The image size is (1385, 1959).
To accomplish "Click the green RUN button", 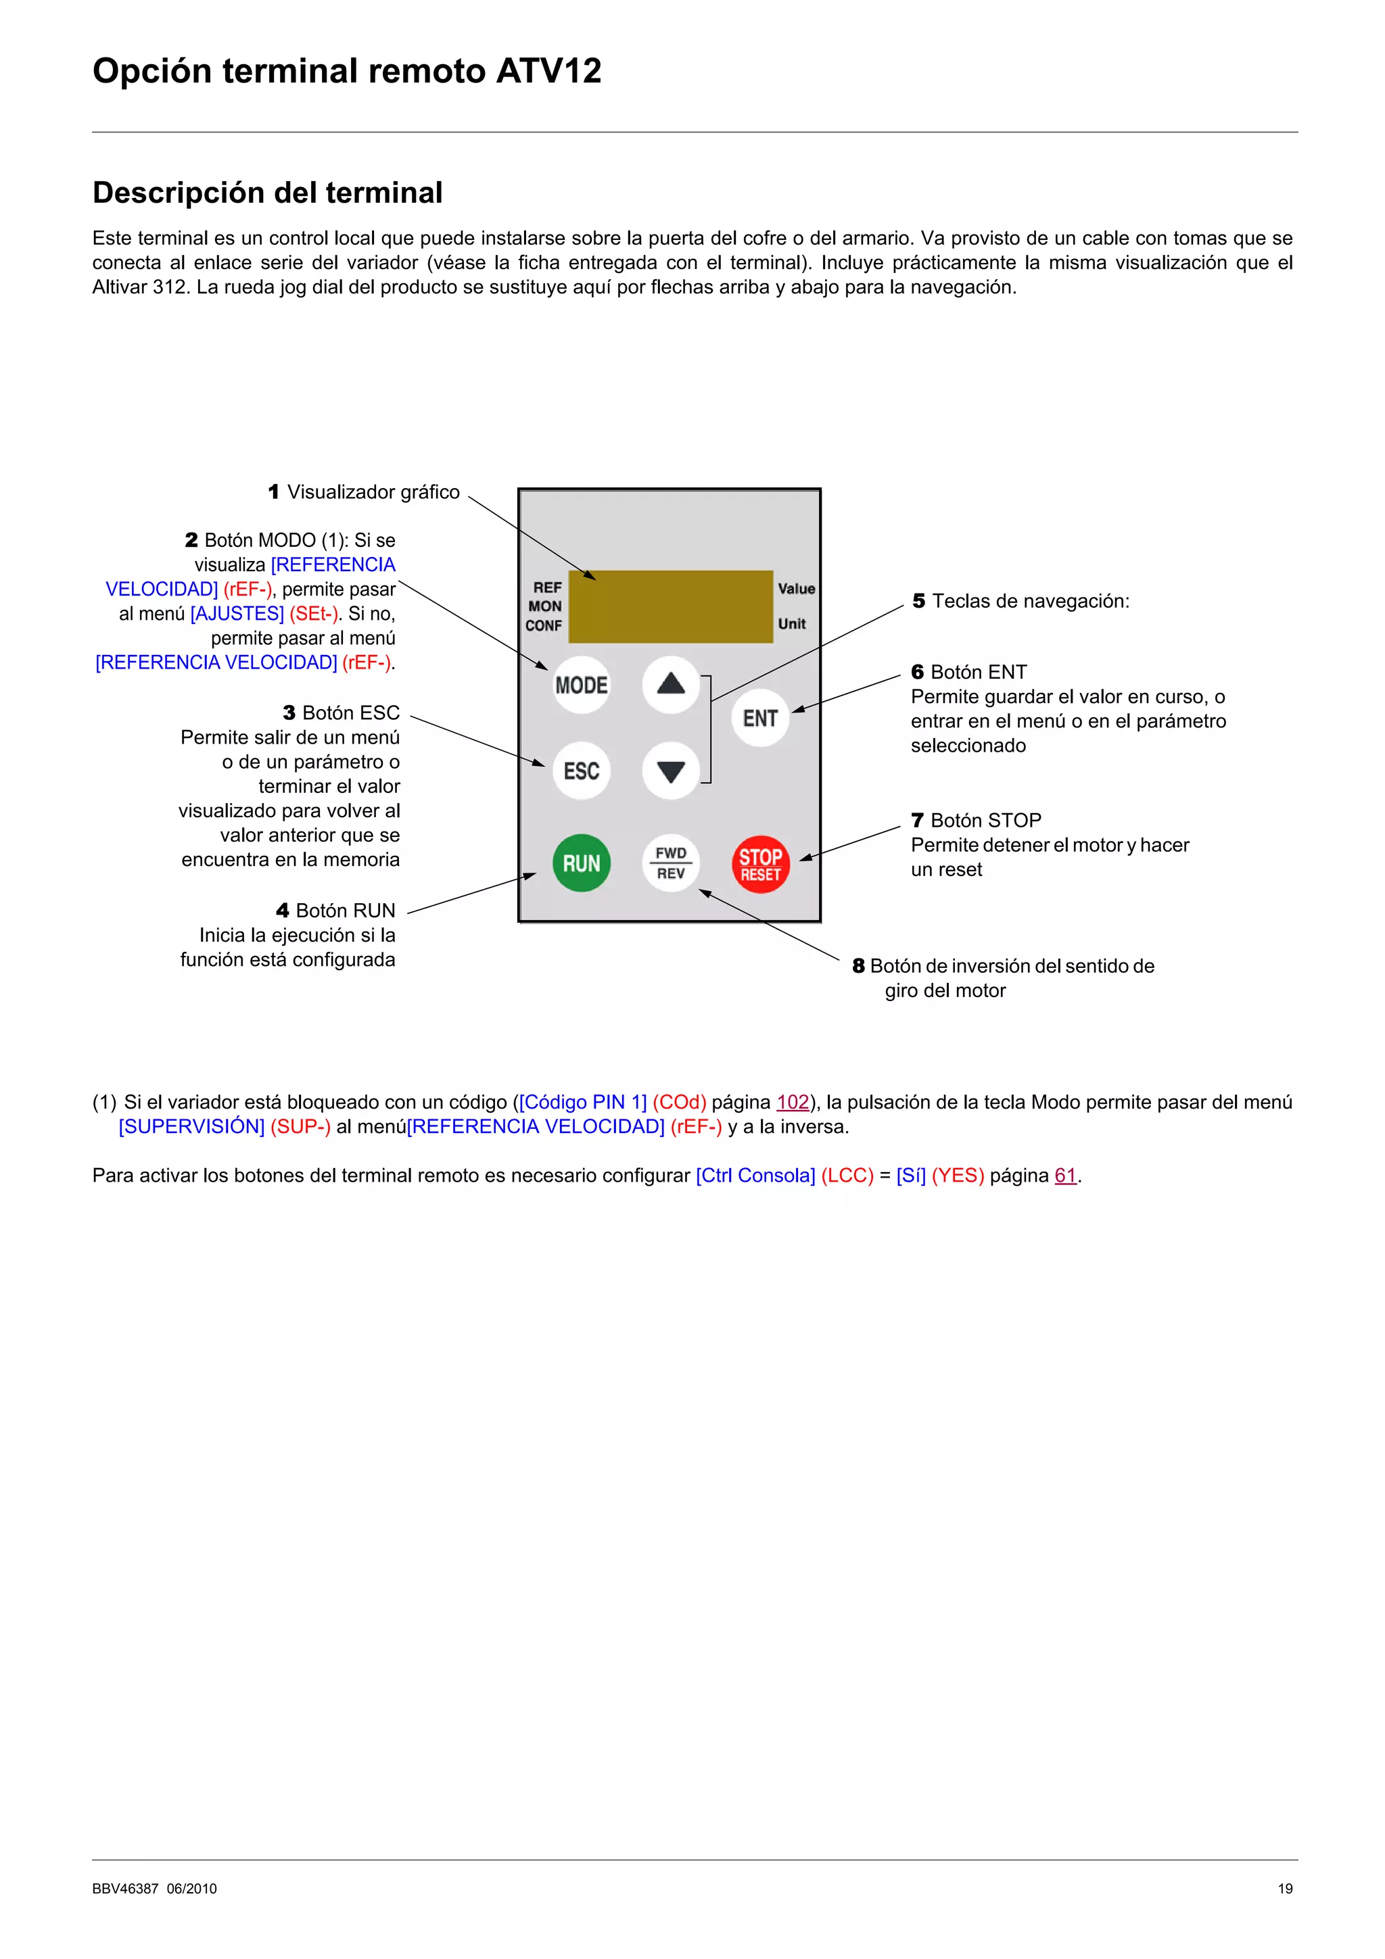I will point(581,863).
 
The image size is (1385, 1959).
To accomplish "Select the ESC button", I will point(581,771).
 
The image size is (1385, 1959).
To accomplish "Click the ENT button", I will point(759,718).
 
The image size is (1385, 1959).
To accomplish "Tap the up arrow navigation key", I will point(671,683).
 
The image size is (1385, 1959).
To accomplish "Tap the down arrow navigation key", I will point(671,771).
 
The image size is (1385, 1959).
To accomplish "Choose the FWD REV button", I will point(671,863).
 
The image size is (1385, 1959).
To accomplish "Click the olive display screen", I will point(670,606).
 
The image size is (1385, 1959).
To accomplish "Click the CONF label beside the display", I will point(544,625).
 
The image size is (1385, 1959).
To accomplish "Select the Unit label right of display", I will point(791,624).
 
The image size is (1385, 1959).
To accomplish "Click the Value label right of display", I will point(795,589).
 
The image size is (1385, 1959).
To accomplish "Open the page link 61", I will point(1065,1175).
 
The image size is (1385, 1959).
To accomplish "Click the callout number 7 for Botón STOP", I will point(918,820).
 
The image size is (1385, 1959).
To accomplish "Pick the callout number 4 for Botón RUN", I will point(283,911).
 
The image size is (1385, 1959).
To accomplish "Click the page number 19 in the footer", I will point(1284,1888).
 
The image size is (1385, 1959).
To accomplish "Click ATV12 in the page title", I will point(548,71).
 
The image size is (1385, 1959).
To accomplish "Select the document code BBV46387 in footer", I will point(125,1888).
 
